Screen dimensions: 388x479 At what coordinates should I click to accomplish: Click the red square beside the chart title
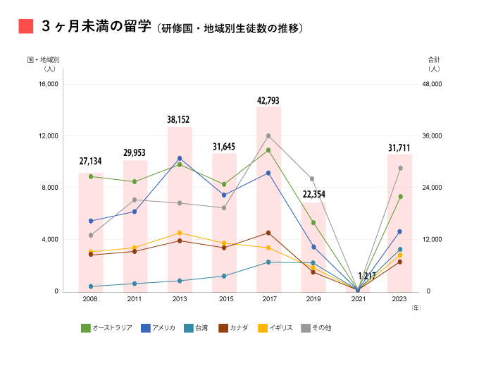click(26, 26)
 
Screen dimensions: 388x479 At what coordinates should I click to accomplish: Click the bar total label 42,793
click(268, 101)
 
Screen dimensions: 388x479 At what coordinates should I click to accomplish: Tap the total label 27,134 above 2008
click(90, 162)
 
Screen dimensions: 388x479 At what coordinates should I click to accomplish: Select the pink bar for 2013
click(180, 212)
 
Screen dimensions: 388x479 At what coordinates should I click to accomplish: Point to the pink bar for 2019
click(313, 247)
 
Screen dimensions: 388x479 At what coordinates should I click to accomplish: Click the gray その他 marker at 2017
click(268, 135)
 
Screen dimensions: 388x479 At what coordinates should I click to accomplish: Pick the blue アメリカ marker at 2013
click(180, 158)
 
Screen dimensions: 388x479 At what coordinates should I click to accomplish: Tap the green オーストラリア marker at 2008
click(91, 176)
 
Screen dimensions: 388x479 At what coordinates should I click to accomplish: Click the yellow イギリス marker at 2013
click(180, 233)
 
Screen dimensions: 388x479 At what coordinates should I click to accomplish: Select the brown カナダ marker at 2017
click(268, 233)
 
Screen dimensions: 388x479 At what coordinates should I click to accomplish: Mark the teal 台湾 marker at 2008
click(91, 286)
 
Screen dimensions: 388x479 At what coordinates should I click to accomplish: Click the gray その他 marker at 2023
click(400, 168)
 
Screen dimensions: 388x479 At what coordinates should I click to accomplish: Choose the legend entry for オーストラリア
click(106, 328)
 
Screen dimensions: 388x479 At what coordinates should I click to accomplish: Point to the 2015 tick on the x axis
click(224, 300)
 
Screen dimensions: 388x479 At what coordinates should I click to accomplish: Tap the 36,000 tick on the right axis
click(430, 135)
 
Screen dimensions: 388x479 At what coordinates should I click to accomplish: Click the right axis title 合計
click(433, 59)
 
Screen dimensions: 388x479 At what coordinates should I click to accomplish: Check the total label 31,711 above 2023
click(400, 147)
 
